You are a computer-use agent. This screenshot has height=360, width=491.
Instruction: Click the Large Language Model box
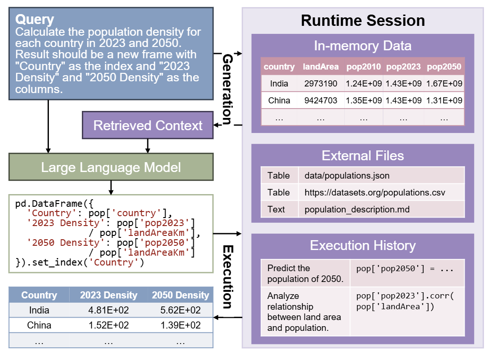(111, 168)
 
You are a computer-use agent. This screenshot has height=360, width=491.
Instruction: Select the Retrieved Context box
(148, 125)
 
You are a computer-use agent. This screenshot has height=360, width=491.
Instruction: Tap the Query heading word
(35, 19)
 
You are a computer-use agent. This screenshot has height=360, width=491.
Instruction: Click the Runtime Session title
(363, 21)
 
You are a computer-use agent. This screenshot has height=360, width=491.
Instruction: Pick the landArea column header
(320, 67)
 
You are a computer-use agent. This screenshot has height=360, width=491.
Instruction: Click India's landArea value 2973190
(320, 84)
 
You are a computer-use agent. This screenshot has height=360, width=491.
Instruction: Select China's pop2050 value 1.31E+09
(443, 101)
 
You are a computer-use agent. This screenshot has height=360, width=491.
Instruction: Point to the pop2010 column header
(364, 67)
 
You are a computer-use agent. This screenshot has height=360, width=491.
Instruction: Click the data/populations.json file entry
(347, 176)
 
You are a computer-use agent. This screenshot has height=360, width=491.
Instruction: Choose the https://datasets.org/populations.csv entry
(374, 192)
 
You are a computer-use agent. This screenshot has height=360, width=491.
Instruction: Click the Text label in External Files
(276, 209)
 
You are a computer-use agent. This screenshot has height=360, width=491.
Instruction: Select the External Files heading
(363, 156)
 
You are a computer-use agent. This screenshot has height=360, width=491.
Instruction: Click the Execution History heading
(363, 245)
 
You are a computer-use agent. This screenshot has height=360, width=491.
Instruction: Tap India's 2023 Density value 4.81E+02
(109, 310)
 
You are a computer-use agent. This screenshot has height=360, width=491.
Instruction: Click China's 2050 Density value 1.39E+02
(180, 325)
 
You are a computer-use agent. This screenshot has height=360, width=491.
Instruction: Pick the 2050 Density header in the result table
(180, 295)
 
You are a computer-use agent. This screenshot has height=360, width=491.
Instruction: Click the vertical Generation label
(227, 89)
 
